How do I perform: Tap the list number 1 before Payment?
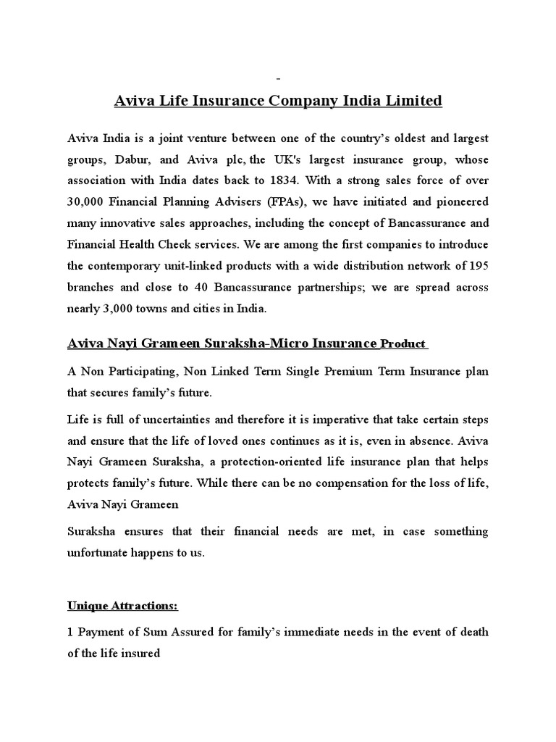[71, 632]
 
